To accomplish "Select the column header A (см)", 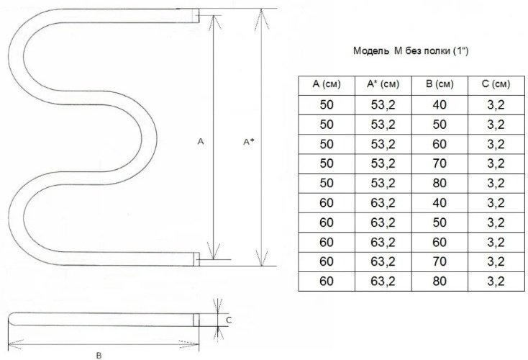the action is pos(327,84).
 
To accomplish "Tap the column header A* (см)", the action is pos(383,84).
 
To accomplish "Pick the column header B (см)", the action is pos(440,84).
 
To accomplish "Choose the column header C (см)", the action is pos(496,84).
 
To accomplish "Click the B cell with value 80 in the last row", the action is pos(440,281).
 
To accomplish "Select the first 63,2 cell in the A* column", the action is pos(383,203).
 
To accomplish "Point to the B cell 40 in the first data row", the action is pos(440,105).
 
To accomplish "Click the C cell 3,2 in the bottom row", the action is pos(496,281).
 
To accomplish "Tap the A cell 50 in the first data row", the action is pos(327,105).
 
